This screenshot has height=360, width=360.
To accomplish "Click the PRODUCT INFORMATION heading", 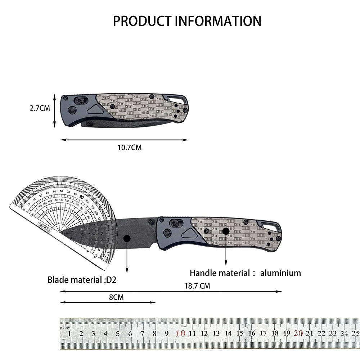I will coord(187,21).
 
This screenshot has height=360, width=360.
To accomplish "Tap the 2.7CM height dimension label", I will coord(40,108).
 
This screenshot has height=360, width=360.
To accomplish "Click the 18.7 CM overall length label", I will coord(197,286).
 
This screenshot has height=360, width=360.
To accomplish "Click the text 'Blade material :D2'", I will coord(82,280).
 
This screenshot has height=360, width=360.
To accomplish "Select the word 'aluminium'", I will coord(281,273).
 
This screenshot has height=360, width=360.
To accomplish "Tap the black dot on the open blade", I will coord(127,238).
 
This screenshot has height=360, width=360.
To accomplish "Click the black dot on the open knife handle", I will coord(226,231).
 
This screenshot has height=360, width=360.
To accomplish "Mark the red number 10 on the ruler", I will coord(180,333).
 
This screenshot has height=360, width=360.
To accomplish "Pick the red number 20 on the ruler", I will coord(298,333).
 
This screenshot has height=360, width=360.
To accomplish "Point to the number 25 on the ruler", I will coord(355,333).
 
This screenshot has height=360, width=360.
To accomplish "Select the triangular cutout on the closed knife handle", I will coord(96,110).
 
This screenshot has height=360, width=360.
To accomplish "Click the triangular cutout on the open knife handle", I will coord(190,234).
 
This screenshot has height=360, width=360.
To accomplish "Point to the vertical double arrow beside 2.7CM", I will coord(55,111).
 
